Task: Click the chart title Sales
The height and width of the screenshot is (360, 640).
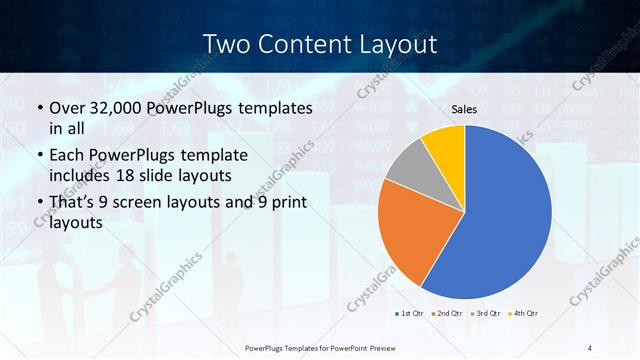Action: click(x=465, y=109)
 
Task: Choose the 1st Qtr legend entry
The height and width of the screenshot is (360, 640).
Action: click(x=410, y=314)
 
